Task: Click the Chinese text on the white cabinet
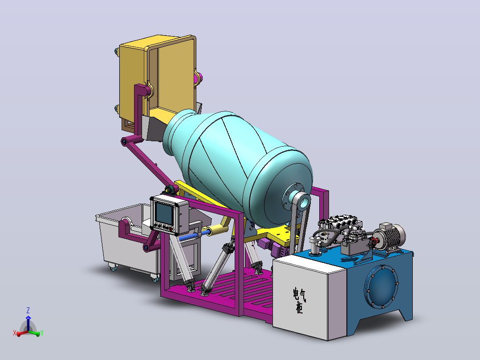pos(299,300)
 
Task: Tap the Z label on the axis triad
pos(28,311)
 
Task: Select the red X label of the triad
pos(14,333)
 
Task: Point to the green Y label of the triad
pos(42,333)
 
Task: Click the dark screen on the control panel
pos(163,213)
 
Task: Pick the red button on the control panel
pos(171,229)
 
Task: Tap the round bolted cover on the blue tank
pos(381,286)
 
